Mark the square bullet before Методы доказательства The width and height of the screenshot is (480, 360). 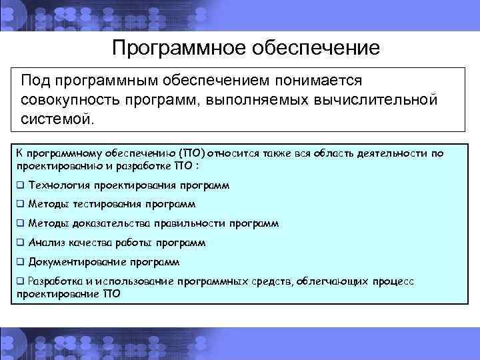pos(21,223)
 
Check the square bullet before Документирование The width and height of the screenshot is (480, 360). pos(21,262)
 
